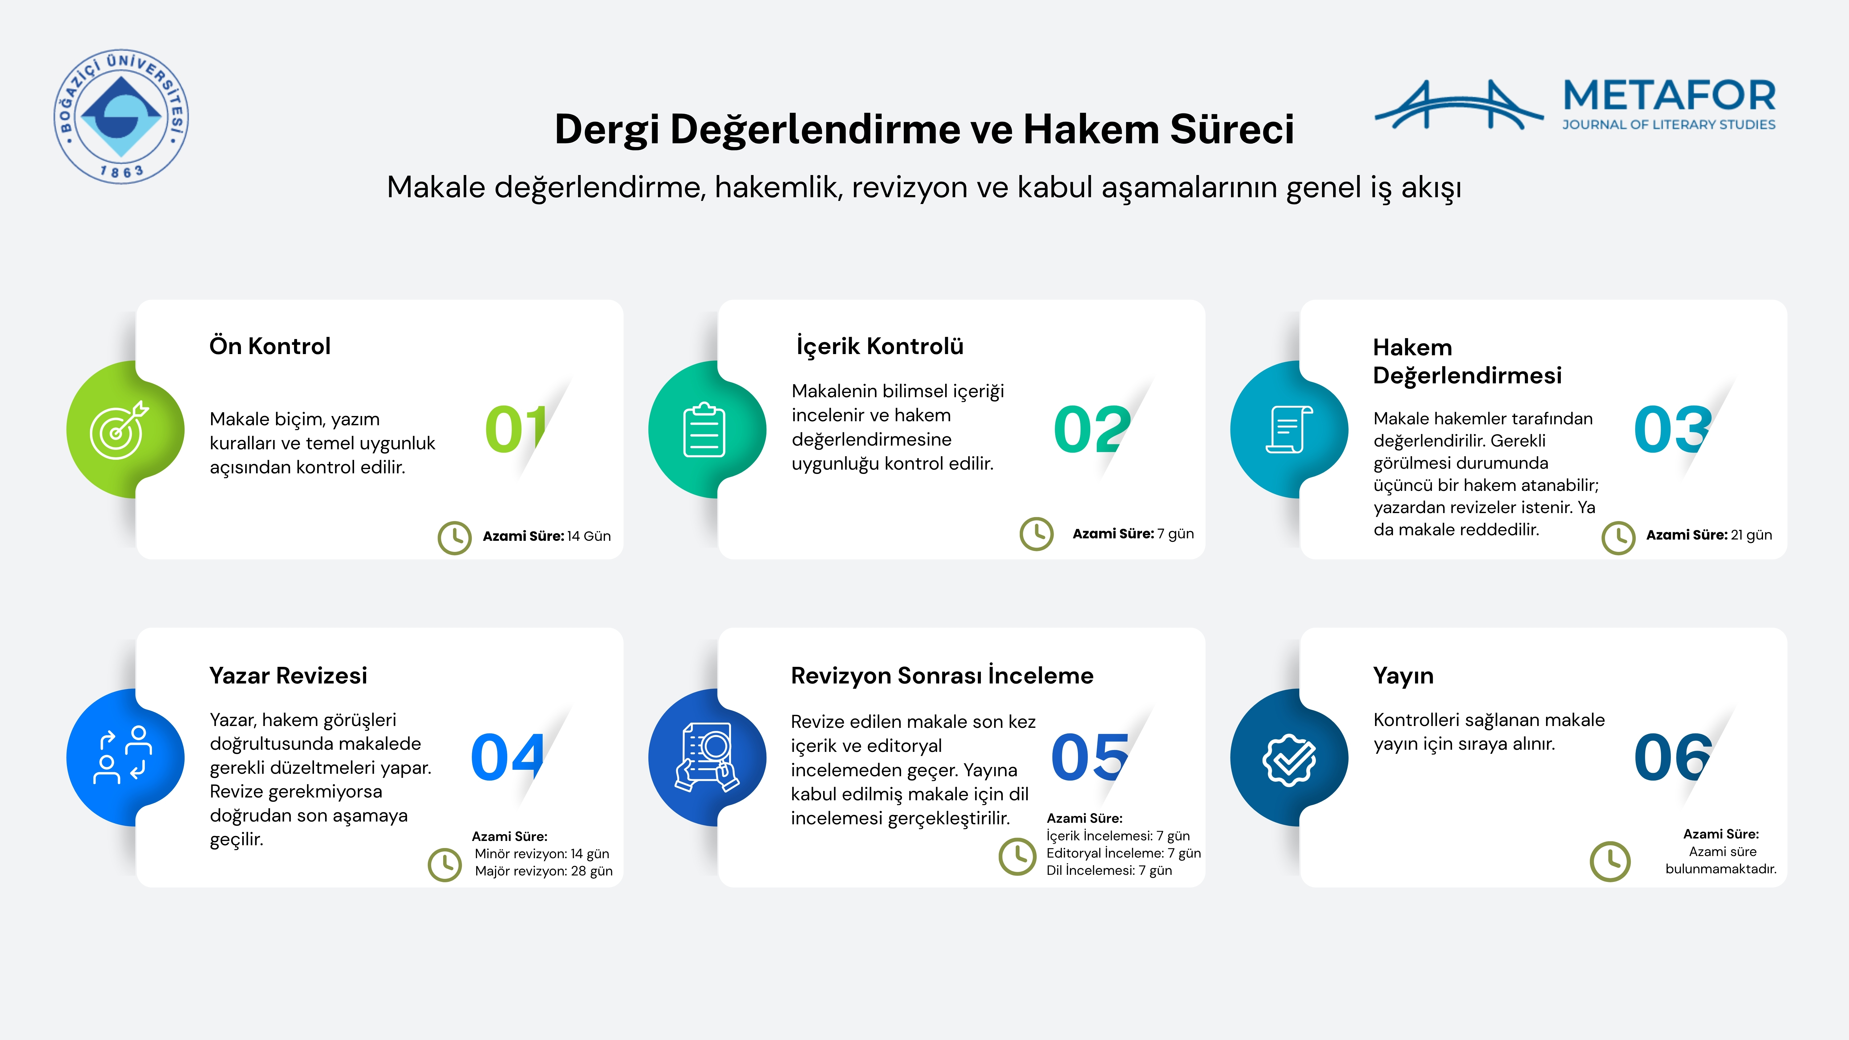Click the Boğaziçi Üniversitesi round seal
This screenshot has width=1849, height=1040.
121,116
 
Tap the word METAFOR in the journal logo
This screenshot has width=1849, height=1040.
1669,96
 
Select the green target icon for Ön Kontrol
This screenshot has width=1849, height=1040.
118,429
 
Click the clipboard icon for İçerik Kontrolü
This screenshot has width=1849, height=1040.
704,429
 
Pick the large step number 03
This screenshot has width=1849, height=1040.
1672,429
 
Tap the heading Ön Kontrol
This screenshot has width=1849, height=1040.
270,346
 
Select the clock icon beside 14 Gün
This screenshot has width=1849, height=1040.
454,538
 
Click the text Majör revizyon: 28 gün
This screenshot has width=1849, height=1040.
543,871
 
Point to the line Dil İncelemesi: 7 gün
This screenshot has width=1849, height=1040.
1109,870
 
